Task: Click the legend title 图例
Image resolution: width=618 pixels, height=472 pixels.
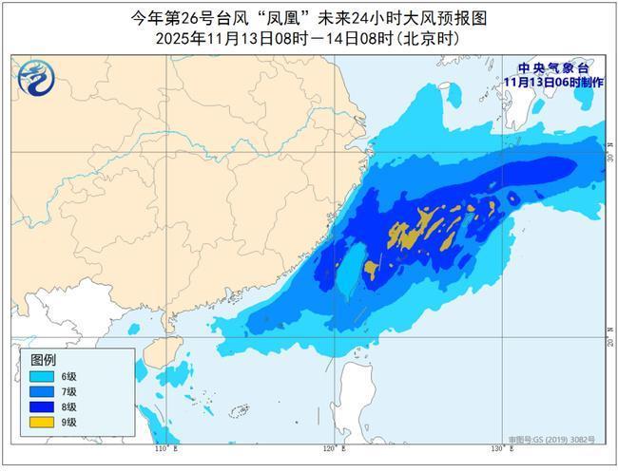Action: pos(43,361)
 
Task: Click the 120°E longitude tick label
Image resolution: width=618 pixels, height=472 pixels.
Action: pos(331,447)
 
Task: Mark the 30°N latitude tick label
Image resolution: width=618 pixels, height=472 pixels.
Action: pos(610,155)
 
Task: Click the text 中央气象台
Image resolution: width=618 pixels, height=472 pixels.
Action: pos(553,68)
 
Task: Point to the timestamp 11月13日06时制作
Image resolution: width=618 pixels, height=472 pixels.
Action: pos(553,82)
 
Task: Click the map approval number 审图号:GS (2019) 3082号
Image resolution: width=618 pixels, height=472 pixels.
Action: pos(551,439)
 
